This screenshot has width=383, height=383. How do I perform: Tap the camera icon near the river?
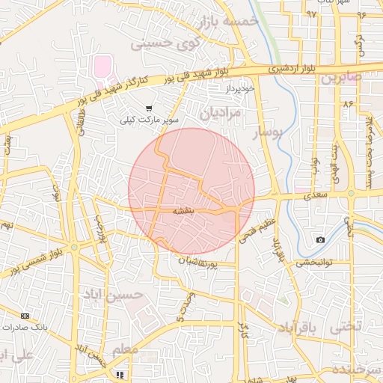pyautogui.click(x=320, y=239)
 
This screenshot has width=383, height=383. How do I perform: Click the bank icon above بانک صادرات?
pyautogui.click(x=25, y=316)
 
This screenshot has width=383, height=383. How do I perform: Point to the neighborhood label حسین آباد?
pyautogui.click(x=123, y=295)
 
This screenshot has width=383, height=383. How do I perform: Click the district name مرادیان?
pyautogui.click(x=222, y=112)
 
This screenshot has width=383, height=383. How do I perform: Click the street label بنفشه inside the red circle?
pyautogui.click(x=185, y=212)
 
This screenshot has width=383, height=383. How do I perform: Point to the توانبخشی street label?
pyautogui.click(x=314, y=263)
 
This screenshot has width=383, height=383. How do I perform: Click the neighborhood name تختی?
pyautogui.click(x=346, y=326)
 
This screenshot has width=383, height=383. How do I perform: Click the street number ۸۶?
pyautogui.click(x=348, y=105)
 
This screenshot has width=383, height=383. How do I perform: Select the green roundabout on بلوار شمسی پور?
pyautogui.click(x=74, y=247)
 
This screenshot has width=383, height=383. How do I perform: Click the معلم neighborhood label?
pyautogui.click(x=124, y=350)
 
